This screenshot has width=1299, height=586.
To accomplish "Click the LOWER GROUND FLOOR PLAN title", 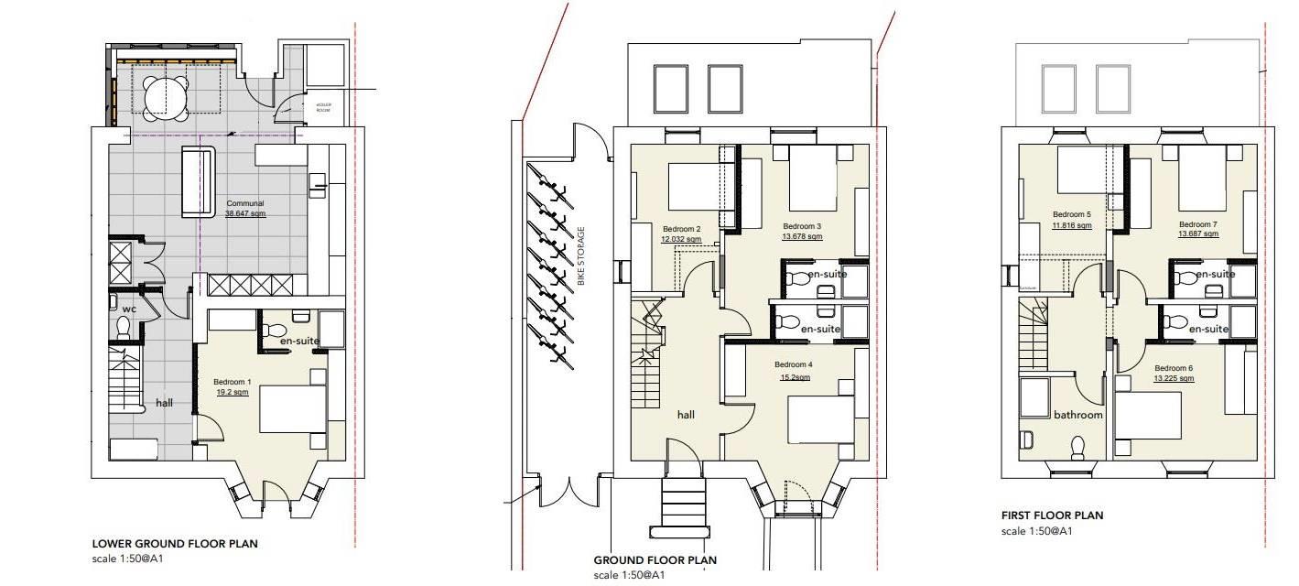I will (174, 543).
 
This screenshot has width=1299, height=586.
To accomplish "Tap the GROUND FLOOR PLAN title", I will (655, 560).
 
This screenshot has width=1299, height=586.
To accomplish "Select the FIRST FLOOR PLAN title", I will (1052, 515).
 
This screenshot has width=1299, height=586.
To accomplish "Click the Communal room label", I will (244, 203).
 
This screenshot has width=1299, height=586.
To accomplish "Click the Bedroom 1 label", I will (232, 382).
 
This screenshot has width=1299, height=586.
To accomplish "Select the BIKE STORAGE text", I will (580, 255).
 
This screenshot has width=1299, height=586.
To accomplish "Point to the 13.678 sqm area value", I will (801, 236).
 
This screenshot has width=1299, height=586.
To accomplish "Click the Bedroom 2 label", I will (681, 229).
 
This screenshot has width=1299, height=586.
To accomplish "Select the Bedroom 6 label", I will (1152, 368).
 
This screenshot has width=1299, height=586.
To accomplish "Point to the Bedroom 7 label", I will (1198, 224).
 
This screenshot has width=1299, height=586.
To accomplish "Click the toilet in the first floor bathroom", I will (1078, 446).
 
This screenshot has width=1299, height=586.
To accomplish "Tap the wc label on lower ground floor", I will (130, 309).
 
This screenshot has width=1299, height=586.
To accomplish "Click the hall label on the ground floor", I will (686, 415).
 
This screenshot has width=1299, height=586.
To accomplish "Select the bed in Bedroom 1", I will (293, 408).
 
